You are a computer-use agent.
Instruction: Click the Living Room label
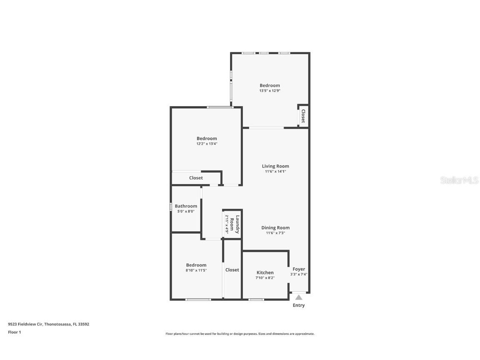point(275,166)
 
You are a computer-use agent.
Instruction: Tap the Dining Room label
point(275,227)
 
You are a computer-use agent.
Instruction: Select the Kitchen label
point(265,272)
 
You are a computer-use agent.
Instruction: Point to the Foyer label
point(299,269)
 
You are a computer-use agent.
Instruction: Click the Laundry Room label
point(235,224)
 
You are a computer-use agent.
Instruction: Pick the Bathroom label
point(186,206)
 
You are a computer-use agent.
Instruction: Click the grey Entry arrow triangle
point(299,297)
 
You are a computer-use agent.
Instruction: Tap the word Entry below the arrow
point(299,305)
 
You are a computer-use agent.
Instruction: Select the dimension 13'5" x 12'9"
point(270,90)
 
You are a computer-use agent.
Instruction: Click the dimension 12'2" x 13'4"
point(207,144)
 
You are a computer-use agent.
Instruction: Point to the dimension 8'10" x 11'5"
point(196,270)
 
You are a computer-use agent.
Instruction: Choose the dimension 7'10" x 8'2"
point(265,278)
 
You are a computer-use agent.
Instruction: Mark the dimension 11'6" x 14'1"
point(275,171)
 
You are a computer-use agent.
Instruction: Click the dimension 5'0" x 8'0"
point(186,211)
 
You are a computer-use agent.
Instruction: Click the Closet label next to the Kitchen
point(232,270)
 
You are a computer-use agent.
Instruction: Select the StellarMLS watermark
point(460,180)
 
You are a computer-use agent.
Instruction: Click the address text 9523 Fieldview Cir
point(25,324)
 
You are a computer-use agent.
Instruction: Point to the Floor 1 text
point(14,332)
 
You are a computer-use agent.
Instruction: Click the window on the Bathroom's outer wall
point(171,206)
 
